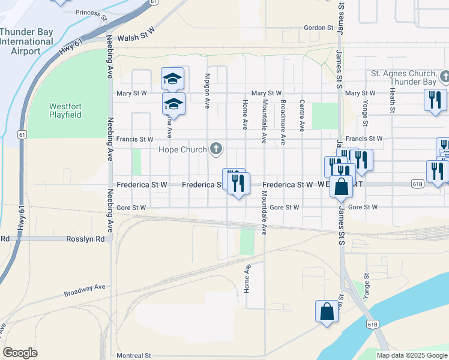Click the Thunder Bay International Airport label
point(26,41)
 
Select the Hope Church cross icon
point(216,149)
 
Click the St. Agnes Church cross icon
point(444,77)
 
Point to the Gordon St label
point(318,28)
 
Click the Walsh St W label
point(136,37)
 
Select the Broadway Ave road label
point(85,290)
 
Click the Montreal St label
point(133,355)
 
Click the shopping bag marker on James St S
point(341,187)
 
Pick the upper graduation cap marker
point(172,79)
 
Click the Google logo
point(20,353)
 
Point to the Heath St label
point(391,100)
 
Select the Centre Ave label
point(302,116)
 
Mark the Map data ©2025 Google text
point(411,355)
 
